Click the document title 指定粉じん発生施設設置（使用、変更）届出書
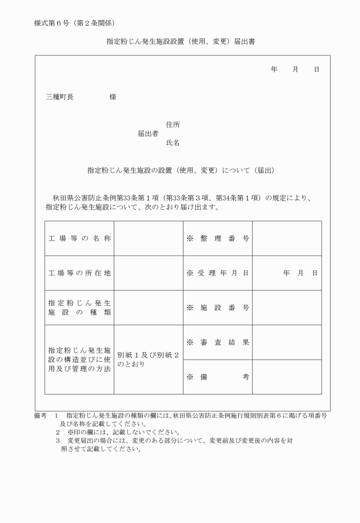pos(181,42)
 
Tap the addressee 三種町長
pos(59,97)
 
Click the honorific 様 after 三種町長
pos(113,97)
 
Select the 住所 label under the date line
pos(173,125)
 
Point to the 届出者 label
pos(148,134)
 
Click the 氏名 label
pos(173,143)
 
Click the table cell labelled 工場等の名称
pos(79,238)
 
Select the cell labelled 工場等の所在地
pos(79,273)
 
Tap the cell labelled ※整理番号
pos(218,238)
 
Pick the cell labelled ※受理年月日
pos(218,273)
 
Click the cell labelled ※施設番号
pos(218,308)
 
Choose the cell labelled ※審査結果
pos(218,342)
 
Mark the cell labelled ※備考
pos(218,377)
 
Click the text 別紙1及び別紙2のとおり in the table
pos(148,360)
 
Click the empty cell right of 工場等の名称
pos(149,238)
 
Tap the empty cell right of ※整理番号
pos(287,238)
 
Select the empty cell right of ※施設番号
pos(287,308)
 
